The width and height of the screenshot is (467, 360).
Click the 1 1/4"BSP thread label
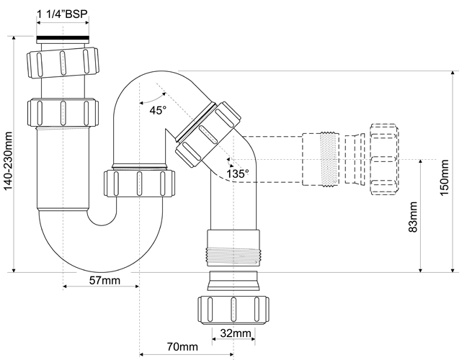[63, 14]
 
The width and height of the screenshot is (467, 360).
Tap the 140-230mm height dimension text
[8, 161]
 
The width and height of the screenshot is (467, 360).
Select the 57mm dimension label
[104, 280]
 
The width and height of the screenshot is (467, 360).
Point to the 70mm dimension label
[182, 346]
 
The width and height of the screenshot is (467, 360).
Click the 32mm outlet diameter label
[235, 333]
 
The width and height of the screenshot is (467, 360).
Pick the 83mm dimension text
[413, 217]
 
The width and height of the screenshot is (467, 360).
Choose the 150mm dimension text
[445, 178]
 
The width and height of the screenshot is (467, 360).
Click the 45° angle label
[158, 110]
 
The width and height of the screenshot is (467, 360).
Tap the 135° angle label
[237, 174]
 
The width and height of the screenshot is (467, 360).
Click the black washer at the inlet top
[63, 38]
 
